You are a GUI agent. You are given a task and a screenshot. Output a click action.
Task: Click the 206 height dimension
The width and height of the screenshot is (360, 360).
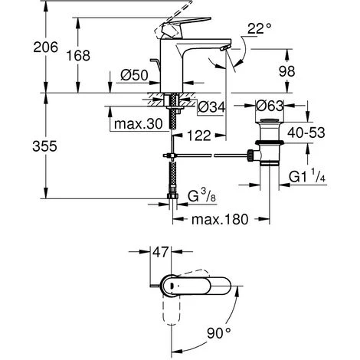pyautogui.click(x=46, y=47)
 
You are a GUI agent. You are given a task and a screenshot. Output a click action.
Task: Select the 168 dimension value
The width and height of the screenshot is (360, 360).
pyautogui.click(x=78, y=55)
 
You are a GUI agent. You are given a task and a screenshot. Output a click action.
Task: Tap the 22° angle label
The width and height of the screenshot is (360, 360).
pyautogui.click(x=259, y=28)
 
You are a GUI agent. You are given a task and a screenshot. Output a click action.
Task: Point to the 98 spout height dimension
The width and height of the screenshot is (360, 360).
pyautogui.click(x=287, y=71)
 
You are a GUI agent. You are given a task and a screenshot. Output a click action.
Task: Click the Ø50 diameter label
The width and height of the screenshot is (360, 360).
pyautogui.click(x=134, y=75)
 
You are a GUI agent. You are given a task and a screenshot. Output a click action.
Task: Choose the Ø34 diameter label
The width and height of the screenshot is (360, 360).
pyautogui.click(x=211, y=106)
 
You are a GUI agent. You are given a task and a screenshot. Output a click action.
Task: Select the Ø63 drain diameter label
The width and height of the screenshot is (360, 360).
pyautogui.click(x=270, y=106)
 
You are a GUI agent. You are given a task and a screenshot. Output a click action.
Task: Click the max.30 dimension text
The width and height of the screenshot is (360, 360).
pyautogui.click(x=138, y=124)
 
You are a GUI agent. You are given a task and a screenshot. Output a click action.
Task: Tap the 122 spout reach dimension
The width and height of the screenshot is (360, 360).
pyautogui.click(x=199, y=135)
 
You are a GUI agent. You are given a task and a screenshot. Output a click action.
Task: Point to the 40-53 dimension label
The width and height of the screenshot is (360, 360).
pyautogui.click(x=306, y=133)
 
